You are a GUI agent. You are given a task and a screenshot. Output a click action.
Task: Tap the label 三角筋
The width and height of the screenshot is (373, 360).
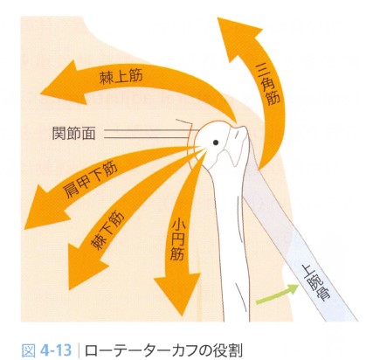(268, 85)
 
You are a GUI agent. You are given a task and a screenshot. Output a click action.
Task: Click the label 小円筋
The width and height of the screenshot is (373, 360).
(177, 239)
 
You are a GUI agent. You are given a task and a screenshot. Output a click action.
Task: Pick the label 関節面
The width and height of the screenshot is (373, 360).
(73, 133)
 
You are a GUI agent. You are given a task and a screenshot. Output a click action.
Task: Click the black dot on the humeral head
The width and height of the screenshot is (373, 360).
(216, 142)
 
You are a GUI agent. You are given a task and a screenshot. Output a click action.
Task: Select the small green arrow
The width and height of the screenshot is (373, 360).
(277, 294)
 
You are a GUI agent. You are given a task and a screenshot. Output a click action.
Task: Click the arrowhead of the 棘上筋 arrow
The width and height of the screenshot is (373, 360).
(63, 83)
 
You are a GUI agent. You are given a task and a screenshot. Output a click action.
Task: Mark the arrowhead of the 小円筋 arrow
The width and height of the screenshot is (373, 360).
(178, 290)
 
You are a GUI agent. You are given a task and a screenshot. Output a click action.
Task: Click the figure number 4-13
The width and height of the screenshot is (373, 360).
(56, 350)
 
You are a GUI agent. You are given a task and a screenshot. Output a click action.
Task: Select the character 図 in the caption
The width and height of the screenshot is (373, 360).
(28, 350)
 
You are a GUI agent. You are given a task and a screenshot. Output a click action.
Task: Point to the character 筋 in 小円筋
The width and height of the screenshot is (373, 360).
(177, 253)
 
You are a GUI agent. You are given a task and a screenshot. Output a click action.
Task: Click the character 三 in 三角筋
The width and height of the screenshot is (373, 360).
(265, 68)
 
